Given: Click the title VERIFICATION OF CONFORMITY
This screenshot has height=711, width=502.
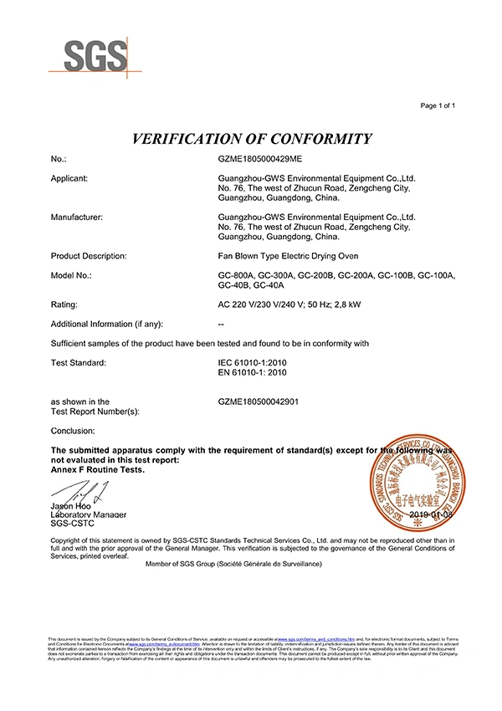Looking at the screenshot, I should pos(251,138).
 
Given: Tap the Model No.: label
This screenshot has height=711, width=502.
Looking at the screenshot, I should pos(71,275).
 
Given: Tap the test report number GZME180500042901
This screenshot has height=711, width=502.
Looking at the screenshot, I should pos(259,402).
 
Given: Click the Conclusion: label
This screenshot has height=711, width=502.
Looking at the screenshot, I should pos(73,430).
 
